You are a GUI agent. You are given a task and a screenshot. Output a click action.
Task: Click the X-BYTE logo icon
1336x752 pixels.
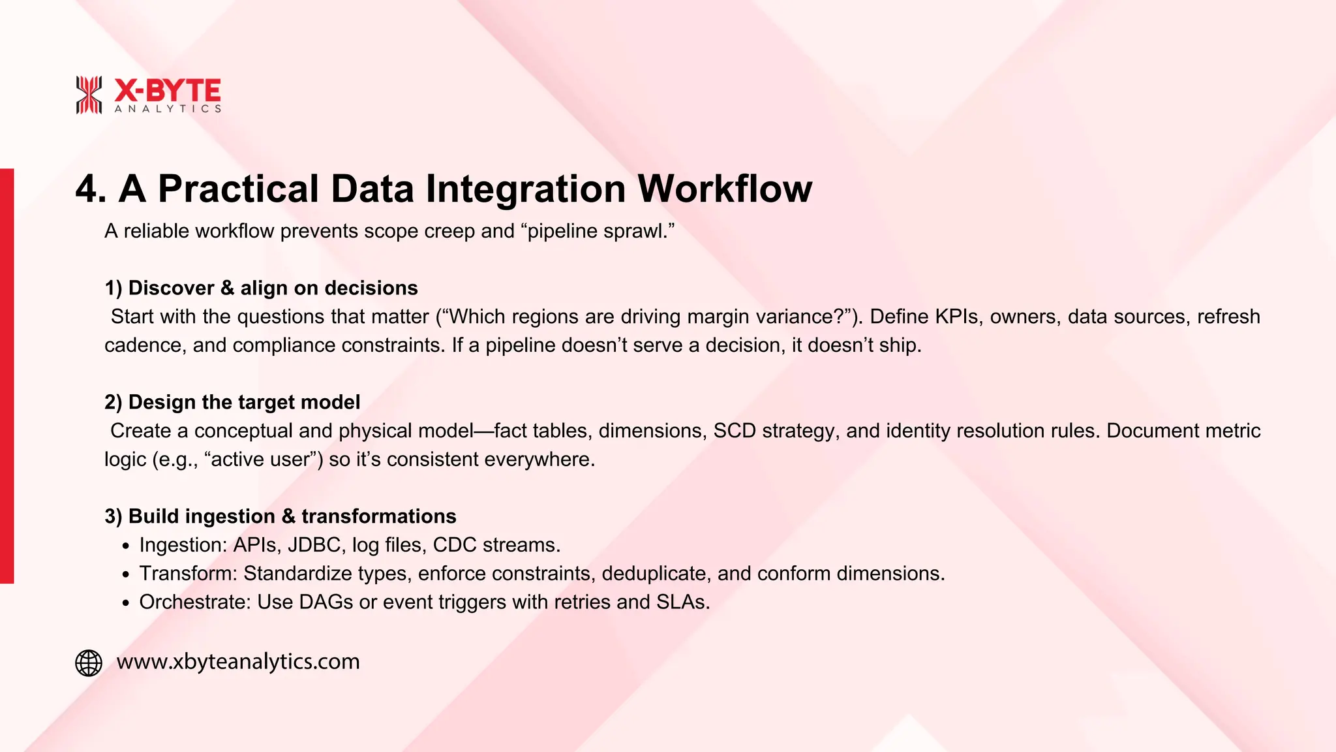pos(89,95)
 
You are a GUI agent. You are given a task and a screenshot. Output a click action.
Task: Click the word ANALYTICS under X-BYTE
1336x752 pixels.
pos(168,109)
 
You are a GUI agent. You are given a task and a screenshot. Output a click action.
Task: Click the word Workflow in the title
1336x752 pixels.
pos(724,189)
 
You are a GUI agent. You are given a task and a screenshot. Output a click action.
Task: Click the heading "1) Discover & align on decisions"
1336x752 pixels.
pos(261,288)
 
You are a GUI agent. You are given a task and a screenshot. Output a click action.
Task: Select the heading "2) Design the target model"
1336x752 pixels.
pos(232,402)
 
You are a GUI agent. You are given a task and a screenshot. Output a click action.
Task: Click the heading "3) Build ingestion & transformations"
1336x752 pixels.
pos(281,516)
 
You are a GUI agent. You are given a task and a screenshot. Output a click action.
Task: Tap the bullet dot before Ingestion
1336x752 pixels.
pos(126,546)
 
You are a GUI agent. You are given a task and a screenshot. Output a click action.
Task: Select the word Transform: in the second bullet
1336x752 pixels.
pos(189,574)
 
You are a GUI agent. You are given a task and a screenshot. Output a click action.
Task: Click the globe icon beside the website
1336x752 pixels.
pos(89,663)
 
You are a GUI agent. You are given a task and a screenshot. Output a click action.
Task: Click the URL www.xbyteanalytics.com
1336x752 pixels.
pos(238,662)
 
